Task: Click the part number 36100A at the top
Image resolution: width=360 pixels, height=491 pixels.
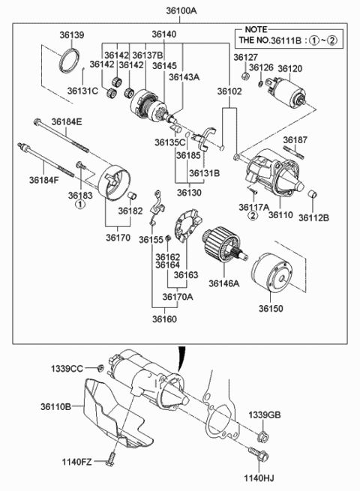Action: [x=181, y=11]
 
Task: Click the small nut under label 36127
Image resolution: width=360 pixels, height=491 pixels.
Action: [x=246, y=76]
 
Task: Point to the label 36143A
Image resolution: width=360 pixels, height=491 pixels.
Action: [x=184, y=77]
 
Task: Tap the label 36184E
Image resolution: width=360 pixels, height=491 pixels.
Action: [x=67, y=121]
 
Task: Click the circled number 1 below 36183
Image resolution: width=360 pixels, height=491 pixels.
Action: [x=80, y=205]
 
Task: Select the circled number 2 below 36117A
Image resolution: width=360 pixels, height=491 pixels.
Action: [x=253, y=215]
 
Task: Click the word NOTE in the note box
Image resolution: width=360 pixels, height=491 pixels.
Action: [x=256, y=29]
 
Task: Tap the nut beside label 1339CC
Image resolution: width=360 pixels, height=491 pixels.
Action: [x=100, y=368]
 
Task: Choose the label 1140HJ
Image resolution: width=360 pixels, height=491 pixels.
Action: [x=259, y=478]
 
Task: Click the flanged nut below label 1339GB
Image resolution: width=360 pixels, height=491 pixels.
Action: [x=262, y=437]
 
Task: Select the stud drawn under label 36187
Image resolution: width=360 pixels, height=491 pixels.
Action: [x=293, y=152]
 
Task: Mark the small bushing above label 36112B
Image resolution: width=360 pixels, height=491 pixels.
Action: [x=312, y=194]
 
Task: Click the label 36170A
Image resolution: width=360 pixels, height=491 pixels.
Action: [x=178, y=297]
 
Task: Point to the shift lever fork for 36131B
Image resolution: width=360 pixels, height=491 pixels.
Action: [x=204, y=138]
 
